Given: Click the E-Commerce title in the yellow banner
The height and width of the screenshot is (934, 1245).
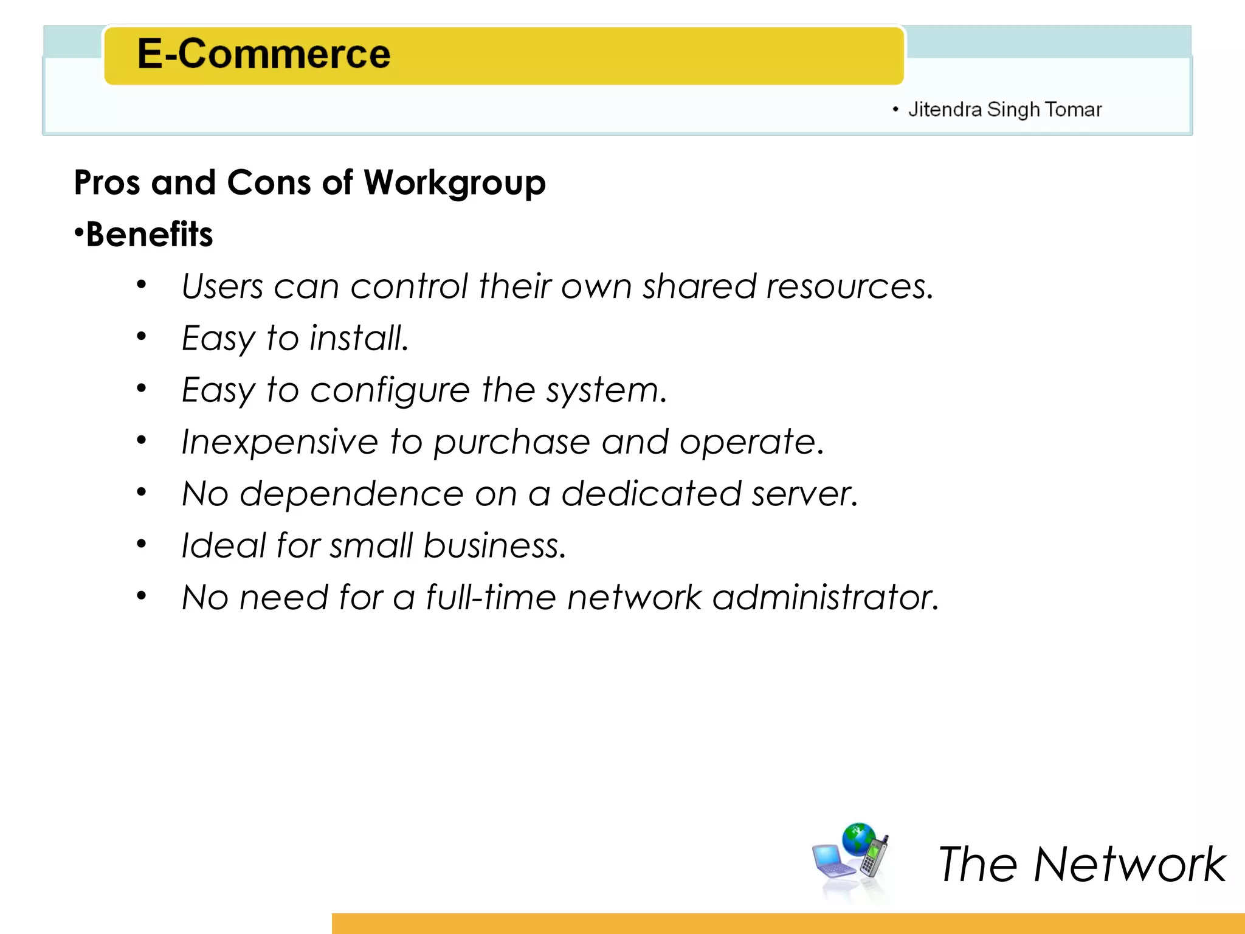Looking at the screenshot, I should (x=264, y=54).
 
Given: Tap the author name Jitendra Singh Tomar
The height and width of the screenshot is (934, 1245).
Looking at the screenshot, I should (x=1004, y=109).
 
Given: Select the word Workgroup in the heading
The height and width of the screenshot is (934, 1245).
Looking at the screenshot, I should (x=455, y=183).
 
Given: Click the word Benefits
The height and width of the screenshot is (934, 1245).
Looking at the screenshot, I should (x=150, y=235).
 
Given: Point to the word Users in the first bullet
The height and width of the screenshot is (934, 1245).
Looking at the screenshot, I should (x=222, y=286).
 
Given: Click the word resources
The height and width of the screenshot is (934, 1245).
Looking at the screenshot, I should (x=849, y=286).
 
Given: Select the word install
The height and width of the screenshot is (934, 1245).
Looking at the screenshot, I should (x=359, y=338).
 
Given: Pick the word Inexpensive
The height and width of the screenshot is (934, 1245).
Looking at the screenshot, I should (x=280, y=442).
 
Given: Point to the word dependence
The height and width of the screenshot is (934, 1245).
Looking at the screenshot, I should (x=352, y=494).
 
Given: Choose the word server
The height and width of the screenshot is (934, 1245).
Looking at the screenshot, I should (x=804, y=494).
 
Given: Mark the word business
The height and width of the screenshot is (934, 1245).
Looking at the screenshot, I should (x=495, y=545).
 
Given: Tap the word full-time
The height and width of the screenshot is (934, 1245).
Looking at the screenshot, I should (x=491, y=597).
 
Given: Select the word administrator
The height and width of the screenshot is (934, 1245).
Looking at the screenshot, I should (x=826, y=597).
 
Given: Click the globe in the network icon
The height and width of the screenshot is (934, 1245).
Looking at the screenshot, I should (x=858, y=838).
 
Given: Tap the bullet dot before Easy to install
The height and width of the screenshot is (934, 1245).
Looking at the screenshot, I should (x=142, y=336).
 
